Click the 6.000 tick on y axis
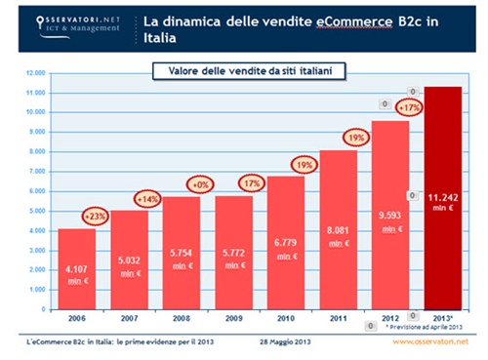[35, 190]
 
